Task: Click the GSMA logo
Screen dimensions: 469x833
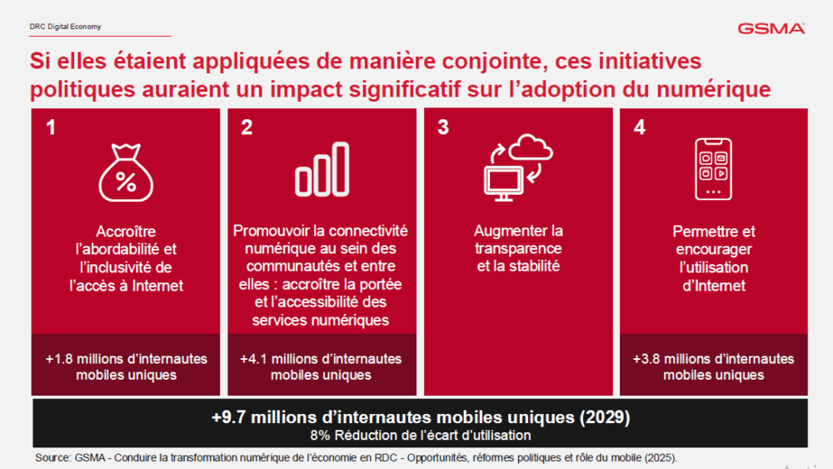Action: [x=771, y=28]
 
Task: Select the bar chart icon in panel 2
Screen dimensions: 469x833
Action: [x=322, y=169]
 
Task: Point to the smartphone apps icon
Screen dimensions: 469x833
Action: [x=714, y=168]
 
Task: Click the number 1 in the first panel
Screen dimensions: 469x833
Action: [x=52, y=127]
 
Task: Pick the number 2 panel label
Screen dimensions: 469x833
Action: [x=247, y=127]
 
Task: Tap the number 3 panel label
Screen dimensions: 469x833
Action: [x=443, y=127]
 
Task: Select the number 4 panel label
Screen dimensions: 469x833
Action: [x=639, y=127]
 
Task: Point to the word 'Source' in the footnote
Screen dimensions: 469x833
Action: [x=52, y=458]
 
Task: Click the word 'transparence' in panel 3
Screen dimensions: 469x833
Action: [x=518, y=248]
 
